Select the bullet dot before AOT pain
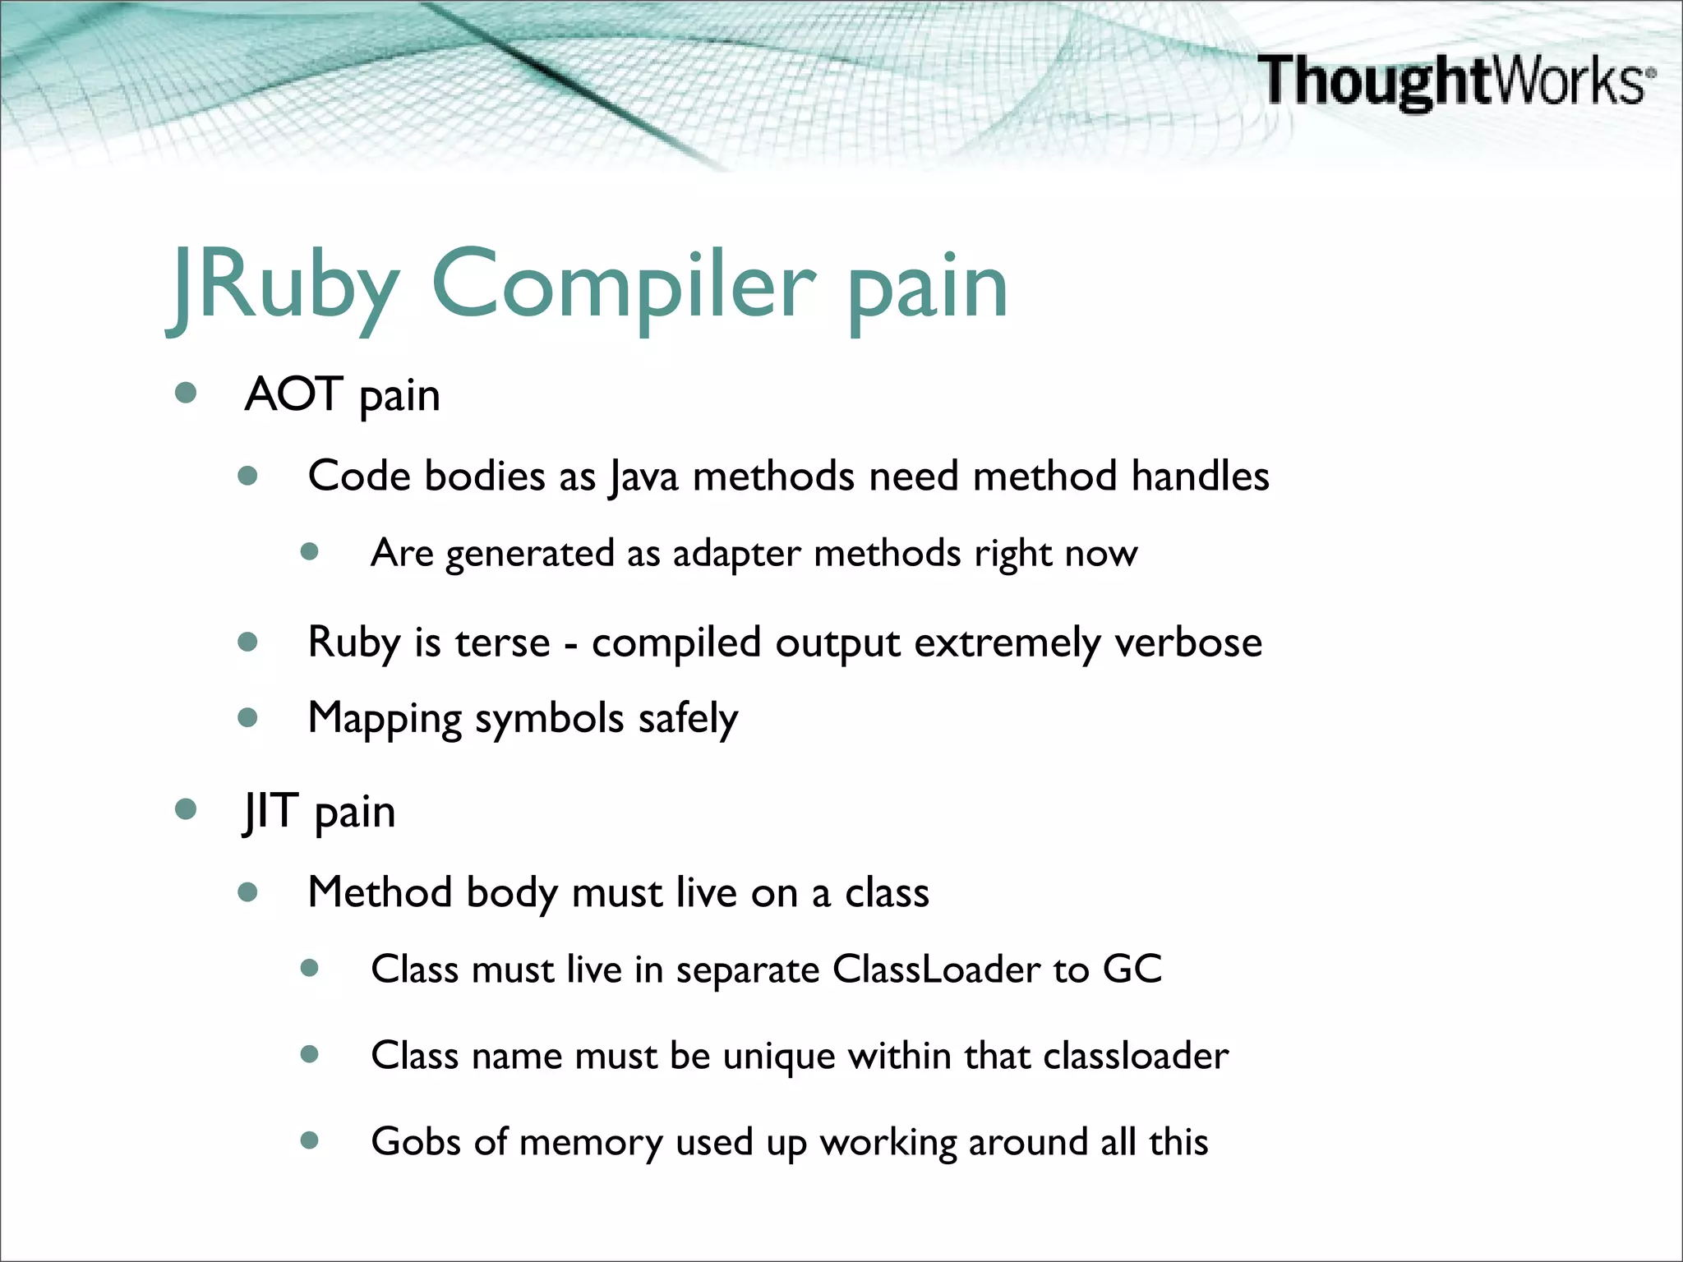coord(186,393)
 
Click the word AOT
coord(293,394)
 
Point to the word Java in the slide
coord(643,477)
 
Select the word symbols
coord(549,719)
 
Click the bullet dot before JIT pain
coord(186,809)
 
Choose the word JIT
coord(270,811)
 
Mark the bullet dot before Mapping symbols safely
coord(247,718)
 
